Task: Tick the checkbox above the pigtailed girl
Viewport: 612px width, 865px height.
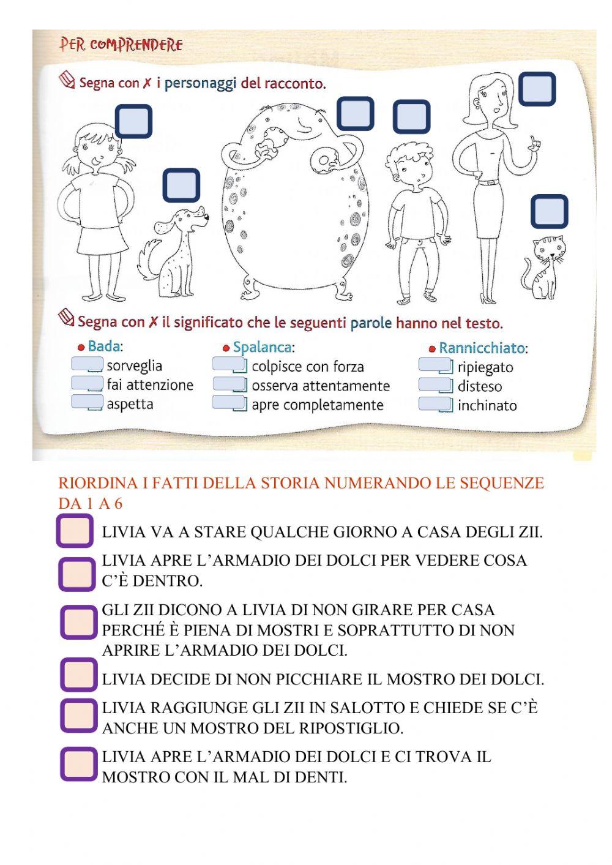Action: pyautogui.click(x=133, y=121)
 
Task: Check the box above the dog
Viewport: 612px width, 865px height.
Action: pyautogui.click(x=181, y=185)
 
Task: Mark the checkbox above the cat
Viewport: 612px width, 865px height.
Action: pyautogui.click(x=549, y=211)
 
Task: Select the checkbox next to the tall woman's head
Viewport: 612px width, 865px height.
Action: pyautogui.click(x=537, y=89)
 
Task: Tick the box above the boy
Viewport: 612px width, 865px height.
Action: pyautogui.click(x=411, y=118)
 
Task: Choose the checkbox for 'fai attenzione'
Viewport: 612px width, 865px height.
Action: pyautogui.click(x=86, y=384)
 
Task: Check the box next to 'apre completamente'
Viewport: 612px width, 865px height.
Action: pyautogui.click(x=229, y=403)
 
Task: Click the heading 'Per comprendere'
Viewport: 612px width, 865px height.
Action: pyautogui.click(x=121, y=45)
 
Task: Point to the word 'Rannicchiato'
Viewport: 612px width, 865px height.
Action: pyautogui.click(x=482, y=348)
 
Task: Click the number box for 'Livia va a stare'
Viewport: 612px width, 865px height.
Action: pyautogui.click(x=75, y=531)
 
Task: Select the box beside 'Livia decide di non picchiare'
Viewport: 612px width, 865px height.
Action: pyautogui.click(x=79, y=675)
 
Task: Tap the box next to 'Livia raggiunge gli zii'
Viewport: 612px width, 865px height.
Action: pyautogui.click(x=79, y=716)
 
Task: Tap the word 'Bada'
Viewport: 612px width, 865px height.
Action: pyautogui.click(x=104, y=346)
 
